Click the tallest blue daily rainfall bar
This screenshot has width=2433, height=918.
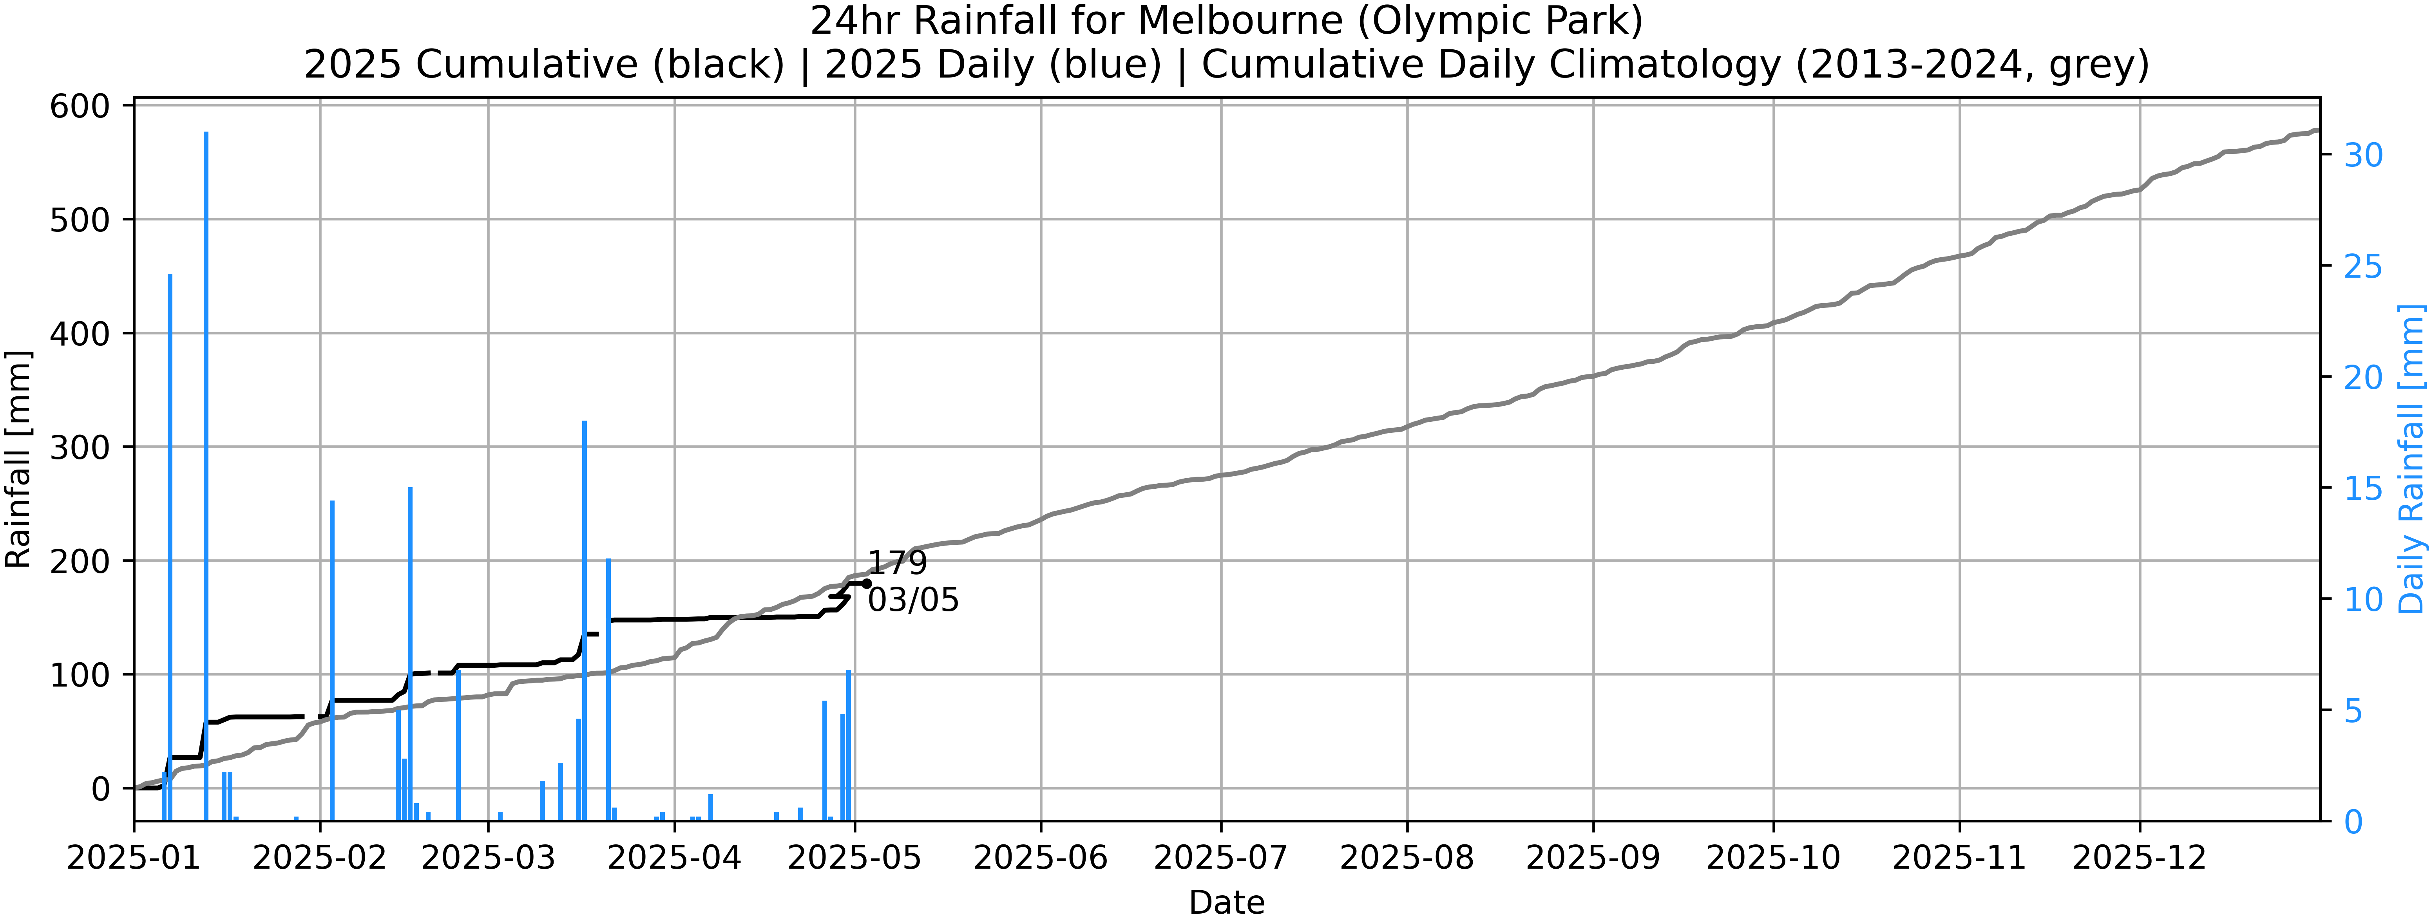click(x=206, y=472)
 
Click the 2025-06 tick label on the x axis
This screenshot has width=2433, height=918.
click(x=1041, y=858)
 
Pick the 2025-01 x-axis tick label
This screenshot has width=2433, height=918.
click(x=134, y=858)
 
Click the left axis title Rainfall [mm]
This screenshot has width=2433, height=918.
click(x=19, y=459)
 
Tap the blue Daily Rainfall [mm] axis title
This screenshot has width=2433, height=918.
click(x=2411, y=459)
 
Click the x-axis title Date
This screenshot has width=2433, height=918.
click(x=1226, y=902)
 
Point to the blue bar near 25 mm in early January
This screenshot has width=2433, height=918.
click(x=170, y=548)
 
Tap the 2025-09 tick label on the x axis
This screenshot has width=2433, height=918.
click(x=1592, y=858)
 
